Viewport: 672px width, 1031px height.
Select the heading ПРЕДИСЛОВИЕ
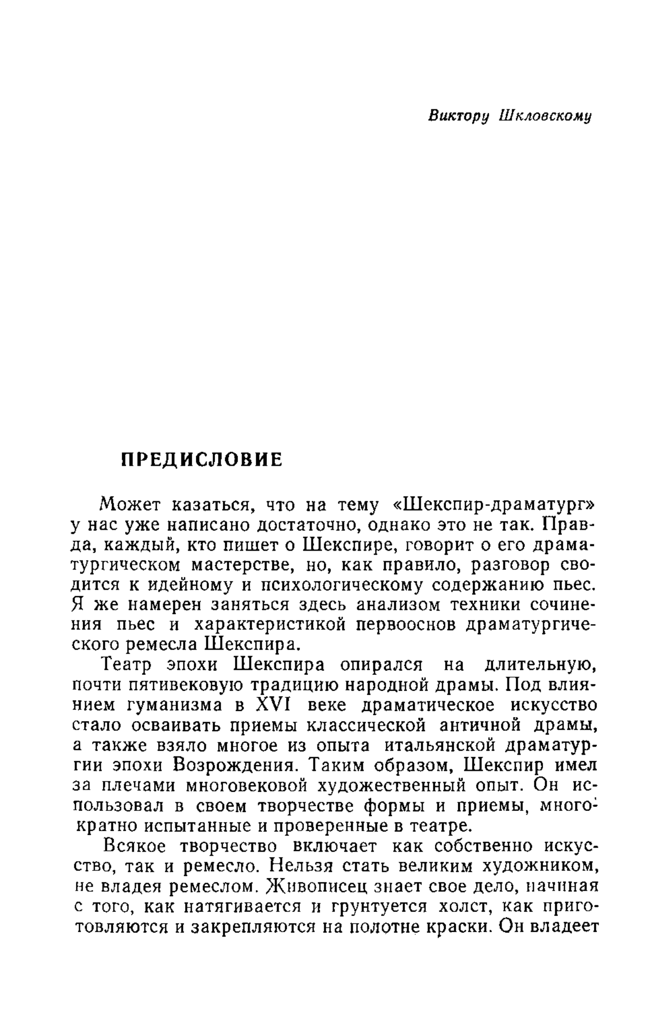(202, 460)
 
